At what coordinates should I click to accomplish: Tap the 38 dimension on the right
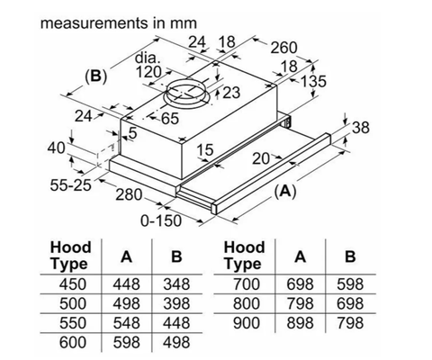(x=360, y=129)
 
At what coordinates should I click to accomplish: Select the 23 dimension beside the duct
(x=232, y=93)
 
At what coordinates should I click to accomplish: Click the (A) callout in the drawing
(x=285, y=191)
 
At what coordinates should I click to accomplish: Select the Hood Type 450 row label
(x=69, y=284)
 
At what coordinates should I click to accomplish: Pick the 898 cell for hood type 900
(x=299, y=322)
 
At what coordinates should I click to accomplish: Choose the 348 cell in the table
(x=175, y=284)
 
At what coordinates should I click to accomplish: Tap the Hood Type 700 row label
(x=244, y=284)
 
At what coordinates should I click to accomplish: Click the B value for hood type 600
(x=175, y=342)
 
